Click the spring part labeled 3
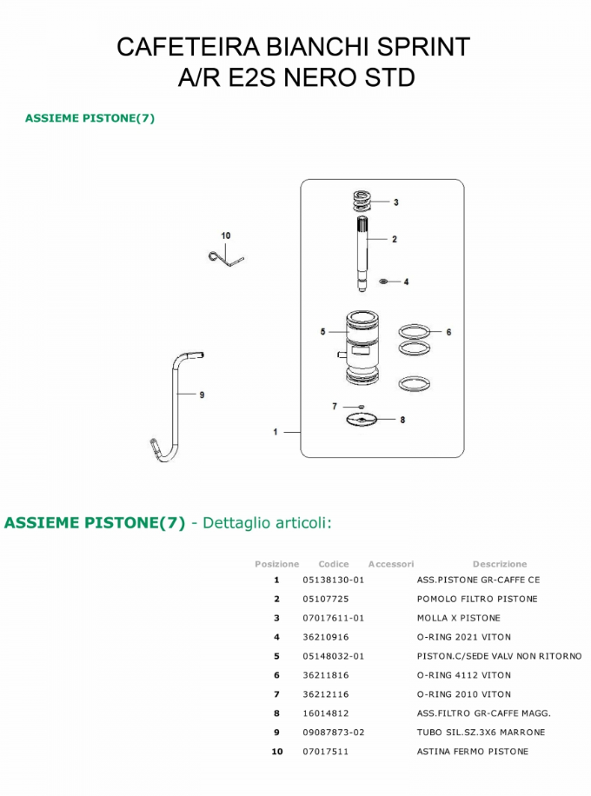(x=363, y=201)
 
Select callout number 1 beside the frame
(x=276, y=432)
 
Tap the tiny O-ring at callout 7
(x=358, y=406)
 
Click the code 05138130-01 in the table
(x=333, y=580)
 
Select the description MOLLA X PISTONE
(x=458, y=618)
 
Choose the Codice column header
(x=333, y=564)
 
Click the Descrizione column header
(x=499, y=564)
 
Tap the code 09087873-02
(x=333, y=733)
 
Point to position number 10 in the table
(x=277, y=752)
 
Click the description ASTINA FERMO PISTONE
(x=472, y=752)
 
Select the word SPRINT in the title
(x=422, y=47)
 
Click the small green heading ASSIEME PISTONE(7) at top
(x=90, y=118)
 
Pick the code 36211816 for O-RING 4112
(x=325, y=675)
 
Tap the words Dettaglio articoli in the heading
(x=266, y=522)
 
